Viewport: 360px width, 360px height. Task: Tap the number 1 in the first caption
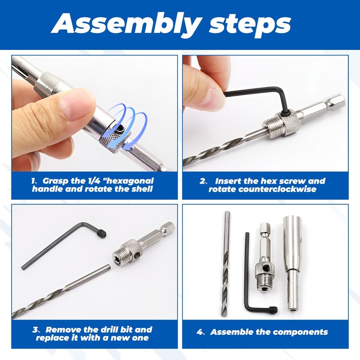pos(34,180)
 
